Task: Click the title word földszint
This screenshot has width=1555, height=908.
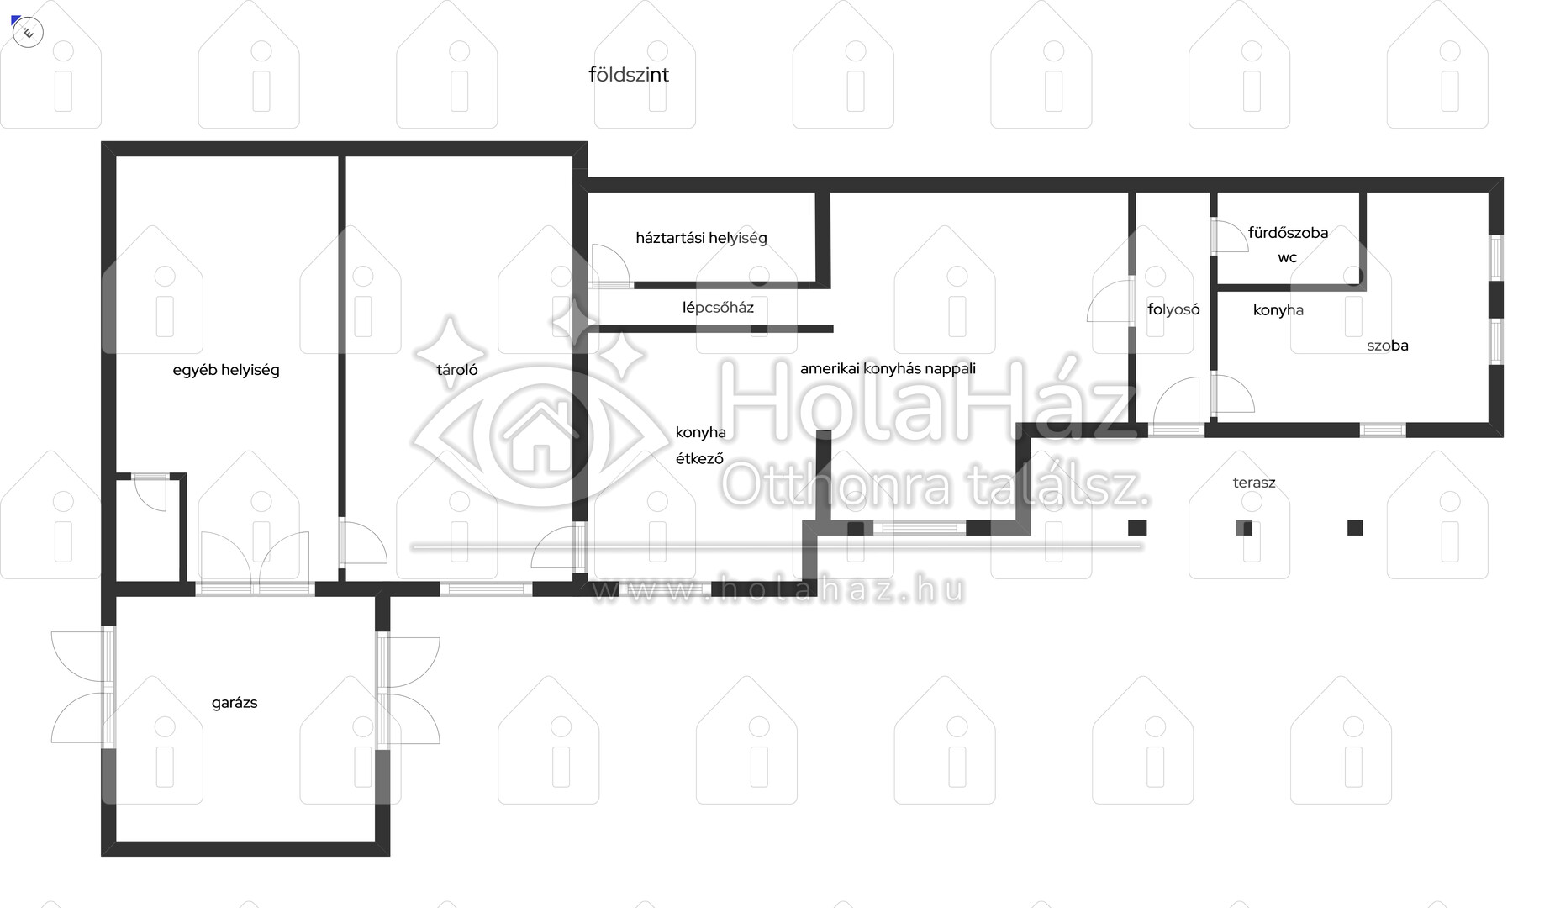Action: click(x=629, y=75)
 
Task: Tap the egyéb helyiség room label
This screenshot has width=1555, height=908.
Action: click(x=226, y=370)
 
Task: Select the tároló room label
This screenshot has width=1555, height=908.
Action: click(x=457, y=370)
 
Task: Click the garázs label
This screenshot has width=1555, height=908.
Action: click(x=235, y=703)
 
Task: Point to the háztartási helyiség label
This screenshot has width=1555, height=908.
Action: click(x=701, y=238)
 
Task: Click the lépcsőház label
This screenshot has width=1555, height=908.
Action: click(x=718, y=308)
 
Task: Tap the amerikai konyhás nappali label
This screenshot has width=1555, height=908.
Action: click(x=888, y=368)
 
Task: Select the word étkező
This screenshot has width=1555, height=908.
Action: click(x=699, y=458)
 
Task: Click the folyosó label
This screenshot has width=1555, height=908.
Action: click(x=1173, y=309)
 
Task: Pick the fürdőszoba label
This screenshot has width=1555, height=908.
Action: click(x=1288, y=233)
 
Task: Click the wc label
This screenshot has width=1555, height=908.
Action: click(x=1288, y=258)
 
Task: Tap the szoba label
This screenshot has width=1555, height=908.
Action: click(x=1388, y=346)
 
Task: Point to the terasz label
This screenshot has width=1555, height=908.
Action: click(x=1254, y=483)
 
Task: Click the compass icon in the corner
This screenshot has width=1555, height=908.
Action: click(x=29, y=33)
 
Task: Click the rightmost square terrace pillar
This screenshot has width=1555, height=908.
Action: click(x=1355, y=528)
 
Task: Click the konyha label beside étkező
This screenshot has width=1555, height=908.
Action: click(x=700, y=432)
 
